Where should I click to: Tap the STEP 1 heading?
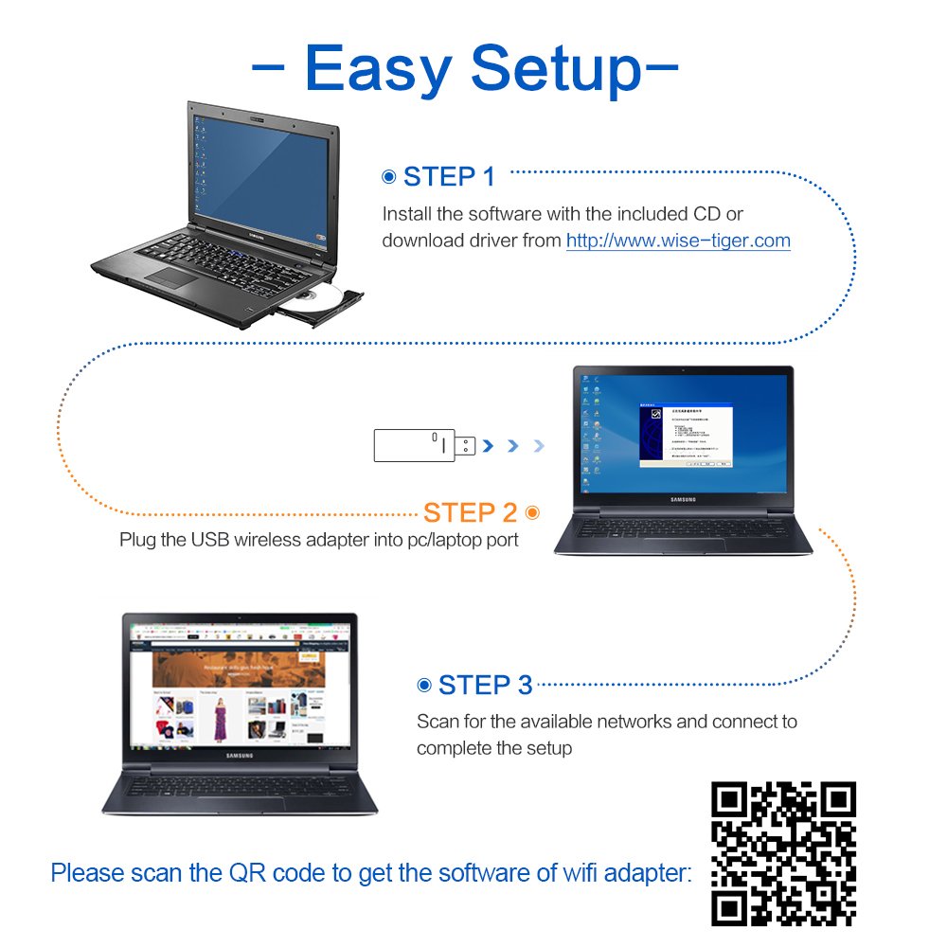[449, 177]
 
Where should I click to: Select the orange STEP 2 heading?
[471, 513]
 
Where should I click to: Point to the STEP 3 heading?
[485, 686]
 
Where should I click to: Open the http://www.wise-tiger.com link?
[678, 241]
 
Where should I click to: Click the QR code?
[783, 853]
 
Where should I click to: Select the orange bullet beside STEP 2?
[532, 512]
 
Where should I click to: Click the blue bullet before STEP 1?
[388, 177]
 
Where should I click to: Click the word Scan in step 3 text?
[438, 722]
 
